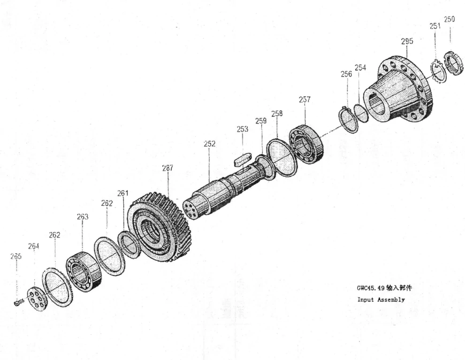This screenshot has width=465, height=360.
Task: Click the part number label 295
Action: coord(407,41)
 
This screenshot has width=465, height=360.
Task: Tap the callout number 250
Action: coord(450,19)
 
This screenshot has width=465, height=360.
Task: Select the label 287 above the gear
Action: coord(168,168)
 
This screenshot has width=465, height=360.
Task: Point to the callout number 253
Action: coord(242,129)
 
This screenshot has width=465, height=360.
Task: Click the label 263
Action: coord(83,217)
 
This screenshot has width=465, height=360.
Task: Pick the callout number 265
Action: coord(15,256)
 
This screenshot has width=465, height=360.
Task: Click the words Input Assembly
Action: coord(381,300)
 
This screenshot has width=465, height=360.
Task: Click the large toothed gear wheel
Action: coord(160,227)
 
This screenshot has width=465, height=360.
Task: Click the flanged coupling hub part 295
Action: coord(397,89)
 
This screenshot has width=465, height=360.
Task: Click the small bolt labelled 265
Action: coord(19,302)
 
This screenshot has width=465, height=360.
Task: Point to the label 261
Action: coord(123,194)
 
